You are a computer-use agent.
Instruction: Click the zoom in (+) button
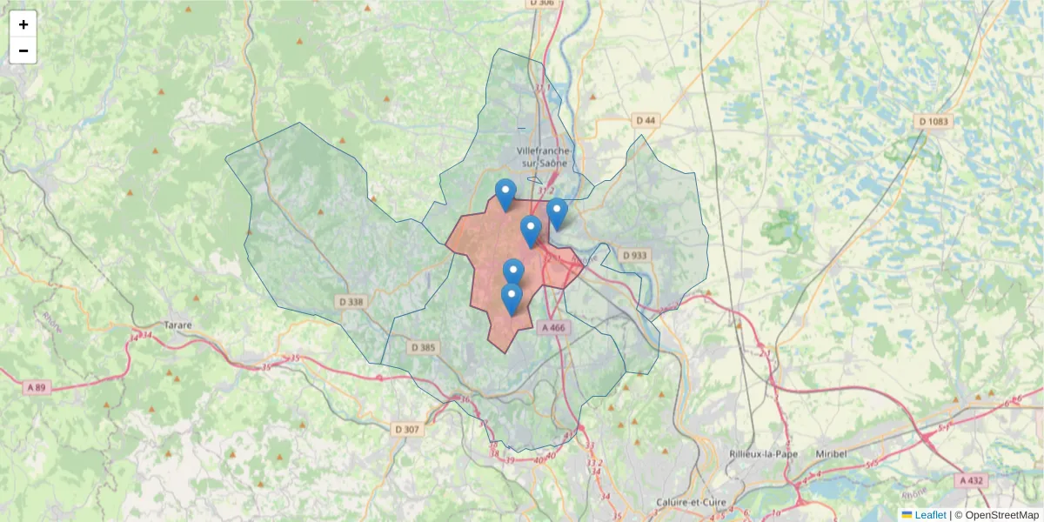(23, 24)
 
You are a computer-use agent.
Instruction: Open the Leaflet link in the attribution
(930, 515)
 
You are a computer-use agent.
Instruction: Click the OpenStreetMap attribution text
(1002, 515)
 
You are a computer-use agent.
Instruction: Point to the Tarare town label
(178, 325)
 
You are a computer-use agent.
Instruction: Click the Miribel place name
(831, 454)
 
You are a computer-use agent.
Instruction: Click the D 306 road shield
(541, 3)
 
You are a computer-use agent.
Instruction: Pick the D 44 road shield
(646, 120)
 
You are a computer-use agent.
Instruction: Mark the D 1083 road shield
(934, 122)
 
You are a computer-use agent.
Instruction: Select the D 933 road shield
(635, 255)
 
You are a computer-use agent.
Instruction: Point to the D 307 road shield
(406, 429)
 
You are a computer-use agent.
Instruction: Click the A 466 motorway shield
(553, 328)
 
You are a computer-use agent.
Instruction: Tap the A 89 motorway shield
(36, 387)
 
